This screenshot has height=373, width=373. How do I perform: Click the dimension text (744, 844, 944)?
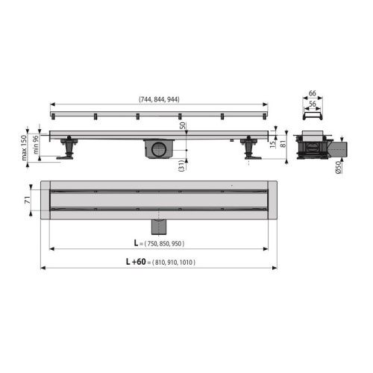[x=159, y=99]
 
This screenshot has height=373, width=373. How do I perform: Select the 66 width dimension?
[x=312, y=93]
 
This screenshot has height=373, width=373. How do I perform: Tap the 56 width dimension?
[x=312, y=104]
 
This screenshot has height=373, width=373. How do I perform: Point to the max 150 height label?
[x=24, y=148]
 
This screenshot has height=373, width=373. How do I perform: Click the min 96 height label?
[x=36, y=145]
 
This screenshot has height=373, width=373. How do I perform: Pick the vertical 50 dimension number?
[x=183, y=125]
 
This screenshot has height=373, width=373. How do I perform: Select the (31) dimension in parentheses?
[x=182, y=166]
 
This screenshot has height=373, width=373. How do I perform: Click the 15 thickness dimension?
[x=273, y=144]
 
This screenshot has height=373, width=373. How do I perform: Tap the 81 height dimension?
[x=283, y=144]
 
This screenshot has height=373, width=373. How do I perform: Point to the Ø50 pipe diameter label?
[x=338, y=167]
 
